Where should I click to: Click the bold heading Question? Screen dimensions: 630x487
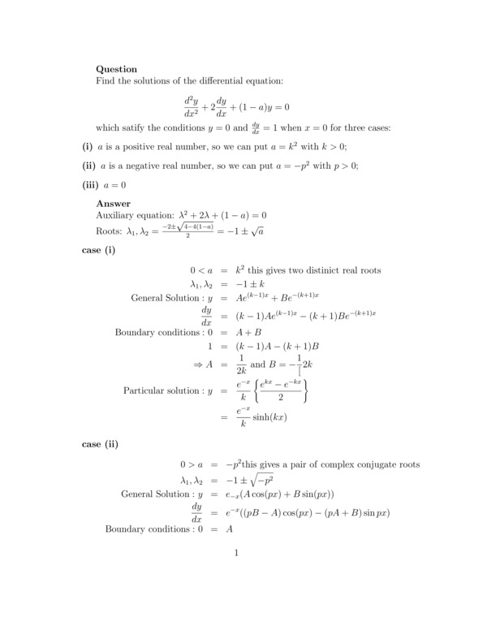[x=117, y=69]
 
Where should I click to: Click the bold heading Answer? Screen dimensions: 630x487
[x=114, y=203]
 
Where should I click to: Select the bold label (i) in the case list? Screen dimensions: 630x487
[x=88, y=146]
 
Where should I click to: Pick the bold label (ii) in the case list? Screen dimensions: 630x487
[x=89, y=166]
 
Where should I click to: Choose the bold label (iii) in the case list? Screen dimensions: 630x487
[x=91, y=184]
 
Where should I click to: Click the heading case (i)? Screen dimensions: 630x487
[x=99, y=250]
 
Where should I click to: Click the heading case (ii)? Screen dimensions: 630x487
[x=101, y=444]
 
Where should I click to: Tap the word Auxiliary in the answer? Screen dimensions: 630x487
[x=119, y=216]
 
